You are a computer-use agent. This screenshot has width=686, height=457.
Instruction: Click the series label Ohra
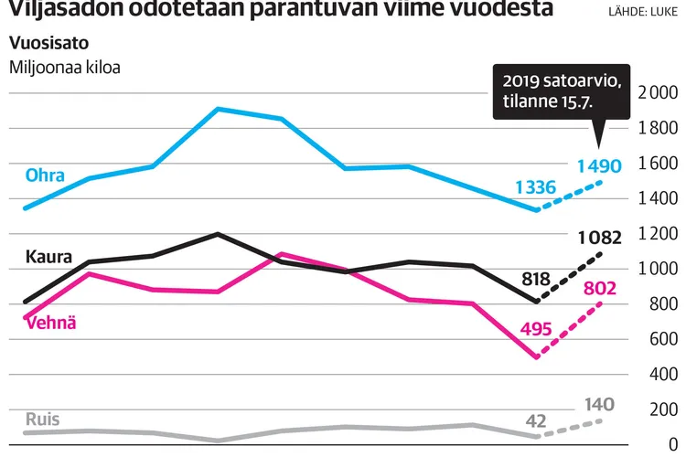click(x=45, y=175)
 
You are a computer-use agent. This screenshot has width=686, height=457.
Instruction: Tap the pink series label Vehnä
click(x=50, y=324)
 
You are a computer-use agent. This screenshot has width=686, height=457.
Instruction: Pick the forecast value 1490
click(x=599, y=165)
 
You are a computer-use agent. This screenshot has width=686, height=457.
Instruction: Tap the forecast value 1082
click(x=599, y=238)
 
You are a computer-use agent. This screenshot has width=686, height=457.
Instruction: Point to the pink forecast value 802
click(x=600, y=289)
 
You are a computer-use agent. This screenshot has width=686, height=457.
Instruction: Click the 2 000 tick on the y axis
click(x=658, y=92)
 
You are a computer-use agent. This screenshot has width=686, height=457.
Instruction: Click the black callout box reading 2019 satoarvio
click(x=560, y=91)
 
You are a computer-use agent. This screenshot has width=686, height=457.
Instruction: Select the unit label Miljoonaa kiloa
click(x=64, y=67)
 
